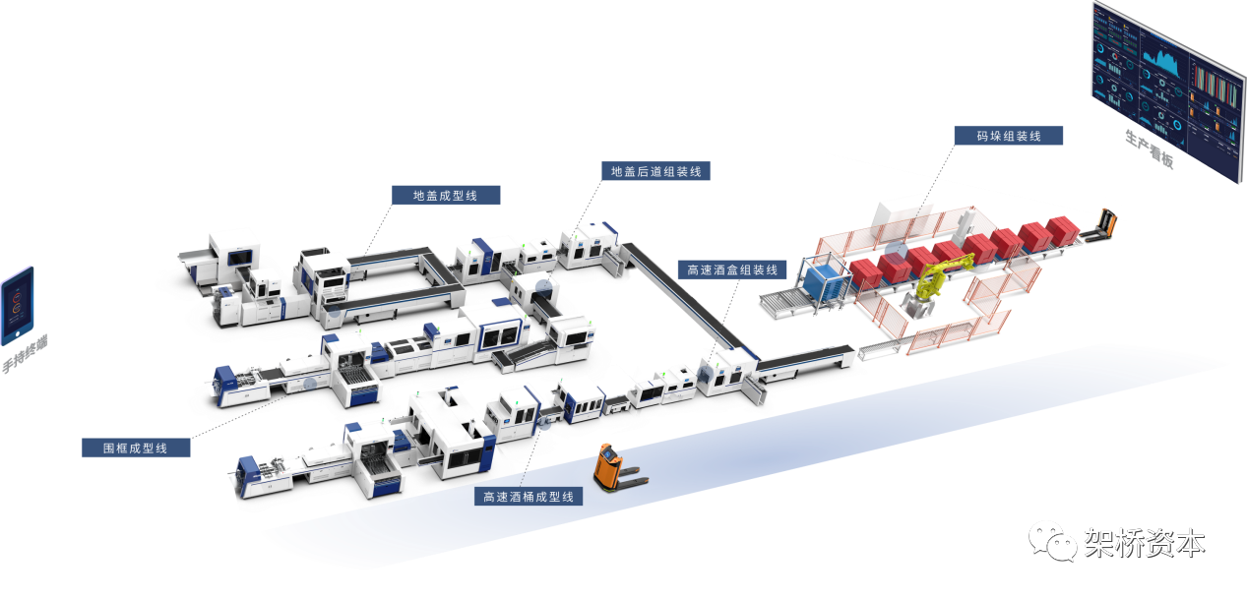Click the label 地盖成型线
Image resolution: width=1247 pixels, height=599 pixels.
445,196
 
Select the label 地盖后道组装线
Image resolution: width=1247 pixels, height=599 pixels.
655,171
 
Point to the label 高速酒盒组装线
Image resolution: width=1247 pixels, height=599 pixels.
732,270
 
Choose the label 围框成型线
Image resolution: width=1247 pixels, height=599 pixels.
136,449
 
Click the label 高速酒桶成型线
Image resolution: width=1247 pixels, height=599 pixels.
529,497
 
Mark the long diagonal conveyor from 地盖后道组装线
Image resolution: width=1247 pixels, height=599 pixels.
679,294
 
